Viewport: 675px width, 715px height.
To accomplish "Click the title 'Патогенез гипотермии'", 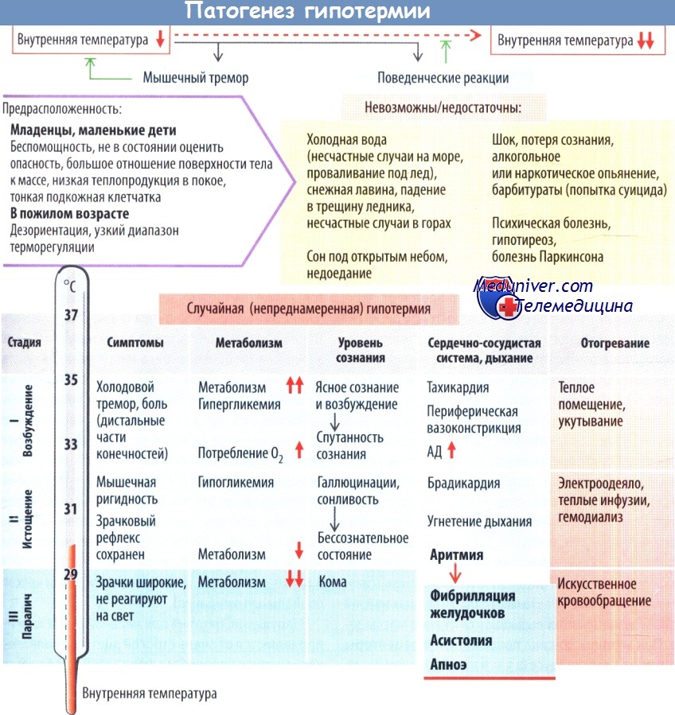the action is (307, 11).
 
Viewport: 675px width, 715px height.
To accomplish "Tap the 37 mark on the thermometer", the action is (71, 315).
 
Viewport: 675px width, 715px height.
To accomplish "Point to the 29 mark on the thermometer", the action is (70, 574).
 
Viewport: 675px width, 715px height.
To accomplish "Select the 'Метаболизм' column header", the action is (248, 343).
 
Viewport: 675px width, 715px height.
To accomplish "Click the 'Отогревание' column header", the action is (615, 343).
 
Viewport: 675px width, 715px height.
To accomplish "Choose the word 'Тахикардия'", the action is (458, 387).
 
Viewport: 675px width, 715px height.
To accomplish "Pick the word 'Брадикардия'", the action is (464, 483).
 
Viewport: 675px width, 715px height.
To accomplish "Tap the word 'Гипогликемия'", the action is (236, 483).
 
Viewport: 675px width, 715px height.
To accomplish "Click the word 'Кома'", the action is (333, 582).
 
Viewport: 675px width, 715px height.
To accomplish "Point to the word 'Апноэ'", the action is (448, 664).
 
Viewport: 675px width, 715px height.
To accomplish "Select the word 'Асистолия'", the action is (461, 640).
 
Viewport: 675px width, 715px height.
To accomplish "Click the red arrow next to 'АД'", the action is (451, 450).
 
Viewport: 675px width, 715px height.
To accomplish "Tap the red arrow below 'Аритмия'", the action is (455, 573).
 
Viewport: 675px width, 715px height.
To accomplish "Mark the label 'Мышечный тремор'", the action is (196, 77).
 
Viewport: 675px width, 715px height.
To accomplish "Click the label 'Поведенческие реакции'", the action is (443, 78).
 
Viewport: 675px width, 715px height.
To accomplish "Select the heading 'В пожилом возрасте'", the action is (69, 213).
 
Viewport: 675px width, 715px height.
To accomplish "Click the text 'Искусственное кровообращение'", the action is (604, 593).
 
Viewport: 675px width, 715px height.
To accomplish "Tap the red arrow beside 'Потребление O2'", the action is (299, 449).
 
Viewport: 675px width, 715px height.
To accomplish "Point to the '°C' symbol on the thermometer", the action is (69, 286).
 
